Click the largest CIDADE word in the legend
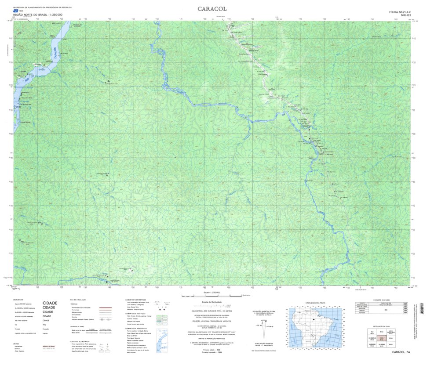[50, 303]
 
